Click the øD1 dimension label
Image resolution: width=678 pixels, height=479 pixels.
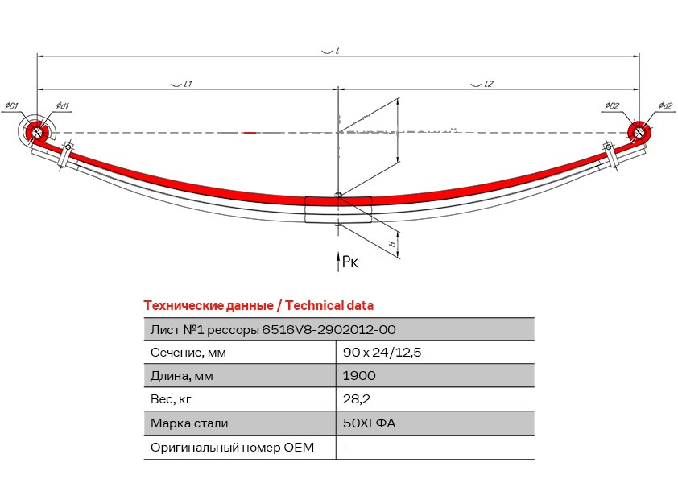11,105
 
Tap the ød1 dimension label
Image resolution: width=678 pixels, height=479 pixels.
62,105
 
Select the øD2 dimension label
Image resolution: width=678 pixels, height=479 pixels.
612,105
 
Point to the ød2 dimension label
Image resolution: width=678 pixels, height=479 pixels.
665,105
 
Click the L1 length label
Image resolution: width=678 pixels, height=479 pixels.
188,84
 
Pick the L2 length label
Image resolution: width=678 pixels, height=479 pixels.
488,84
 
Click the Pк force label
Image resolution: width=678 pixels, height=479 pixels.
349,262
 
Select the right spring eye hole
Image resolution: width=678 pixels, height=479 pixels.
639,131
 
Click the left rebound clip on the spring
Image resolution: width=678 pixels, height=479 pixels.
66,155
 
